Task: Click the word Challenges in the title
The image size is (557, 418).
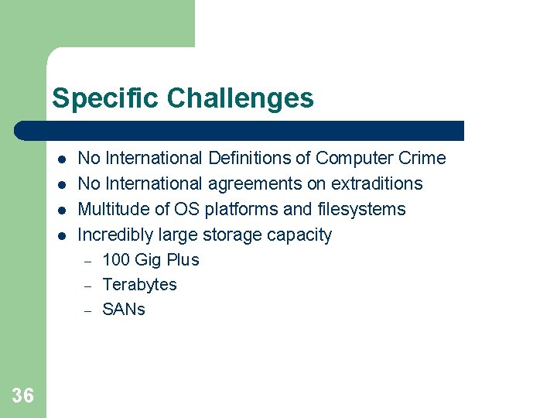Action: [240, 99]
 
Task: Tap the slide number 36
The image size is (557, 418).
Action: [23, 396]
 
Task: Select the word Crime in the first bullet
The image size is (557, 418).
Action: [422, 158]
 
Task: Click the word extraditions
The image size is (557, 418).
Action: [377, 183]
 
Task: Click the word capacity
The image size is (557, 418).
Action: [299, 235]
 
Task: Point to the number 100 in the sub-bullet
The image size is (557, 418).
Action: [116, 260]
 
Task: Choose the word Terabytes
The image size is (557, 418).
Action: [139, 285]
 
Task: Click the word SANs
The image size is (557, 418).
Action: [124, 310]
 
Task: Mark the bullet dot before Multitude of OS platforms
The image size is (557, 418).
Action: [60, 210]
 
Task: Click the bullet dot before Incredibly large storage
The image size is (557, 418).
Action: [60, 235]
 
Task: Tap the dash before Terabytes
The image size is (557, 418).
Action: [88, 286]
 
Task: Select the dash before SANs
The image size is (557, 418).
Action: [88, 310]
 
